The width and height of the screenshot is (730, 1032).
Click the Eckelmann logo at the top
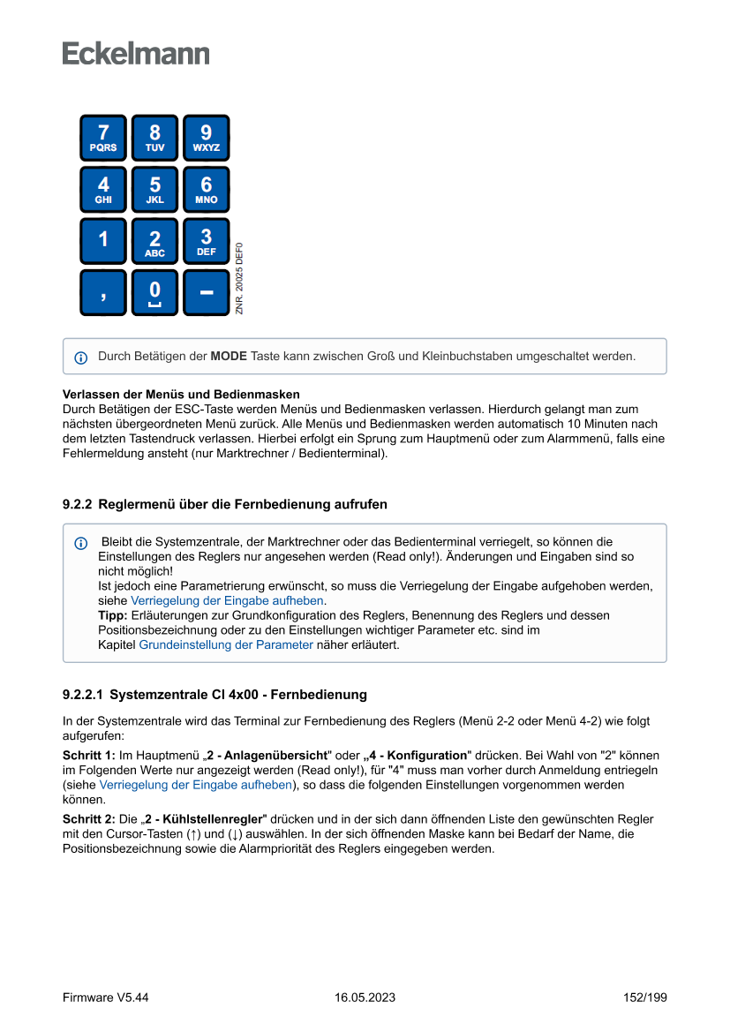click(x=136, y=54)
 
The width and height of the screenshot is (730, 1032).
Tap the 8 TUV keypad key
click(x=154, y=138)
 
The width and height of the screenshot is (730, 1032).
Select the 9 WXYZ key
click(x=206, y=138)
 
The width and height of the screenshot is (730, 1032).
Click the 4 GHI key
click(x=103, y=190)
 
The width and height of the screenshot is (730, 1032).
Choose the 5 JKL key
click(x=154, y=190)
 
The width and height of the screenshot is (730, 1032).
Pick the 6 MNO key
click(x=206, y=190)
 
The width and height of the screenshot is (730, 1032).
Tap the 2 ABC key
click(x=154, y=241)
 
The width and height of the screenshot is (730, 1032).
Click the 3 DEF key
click(x=206, y=241)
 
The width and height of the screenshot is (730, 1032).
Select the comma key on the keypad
click(x=103, y=292)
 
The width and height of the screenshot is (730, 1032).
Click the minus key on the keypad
click(x=206, y=292)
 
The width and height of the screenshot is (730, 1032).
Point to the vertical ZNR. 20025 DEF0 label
click(x=239, y=278)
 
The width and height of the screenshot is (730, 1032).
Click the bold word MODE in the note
click(x=229, y=357)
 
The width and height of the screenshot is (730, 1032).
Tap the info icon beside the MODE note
click(x=81, y=358)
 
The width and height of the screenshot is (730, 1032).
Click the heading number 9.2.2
click(x=77, y=504)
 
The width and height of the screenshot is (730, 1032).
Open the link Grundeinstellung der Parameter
click(x=226, y=644)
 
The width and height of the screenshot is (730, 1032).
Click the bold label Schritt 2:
click(x=89, y=819)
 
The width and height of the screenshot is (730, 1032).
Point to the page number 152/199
click(x=644, y=998)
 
